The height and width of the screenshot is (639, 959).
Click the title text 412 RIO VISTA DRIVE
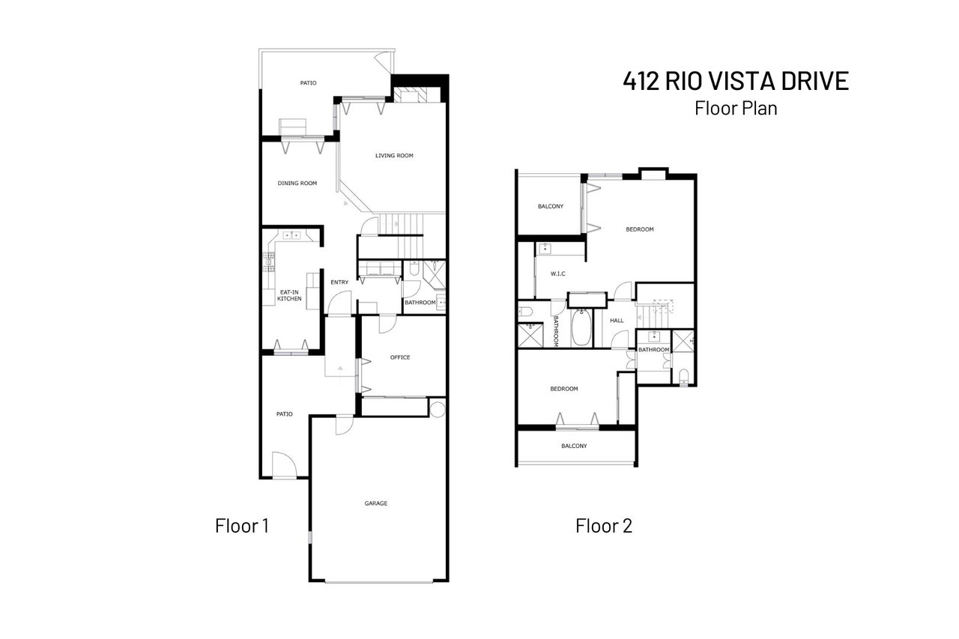(x=736, y=81)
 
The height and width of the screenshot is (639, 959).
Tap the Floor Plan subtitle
(x=736, y=108)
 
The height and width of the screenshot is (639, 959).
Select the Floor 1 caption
(x=241, y=526)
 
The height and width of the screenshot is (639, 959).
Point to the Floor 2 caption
(x=604, y=526)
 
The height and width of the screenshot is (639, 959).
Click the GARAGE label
(x=376, y=503)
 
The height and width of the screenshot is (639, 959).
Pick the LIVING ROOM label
(x=394, y=156)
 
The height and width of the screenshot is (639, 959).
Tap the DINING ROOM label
(x=297, y=183)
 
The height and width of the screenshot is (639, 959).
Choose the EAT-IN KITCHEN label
(x=289, y=295)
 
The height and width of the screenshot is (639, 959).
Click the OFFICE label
(x=400, y=357)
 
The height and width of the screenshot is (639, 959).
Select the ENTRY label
(x=339, y=282)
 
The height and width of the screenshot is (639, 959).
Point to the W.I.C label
(x=557, y=273)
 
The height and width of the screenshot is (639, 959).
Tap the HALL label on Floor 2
(x=617, y=321)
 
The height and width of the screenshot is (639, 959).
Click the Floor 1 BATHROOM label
(x=420, y=303)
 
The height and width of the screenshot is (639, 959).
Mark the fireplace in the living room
(x=411, y=94)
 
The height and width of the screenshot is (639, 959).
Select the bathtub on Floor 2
(x=581, y=327)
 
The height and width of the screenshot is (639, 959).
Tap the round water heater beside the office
(x=438, y=409)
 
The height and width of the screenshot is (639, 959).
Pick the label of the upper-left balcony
(x=551, y=206)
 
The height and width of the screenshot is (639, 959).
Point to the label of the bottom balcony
(x=574, y=446)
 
